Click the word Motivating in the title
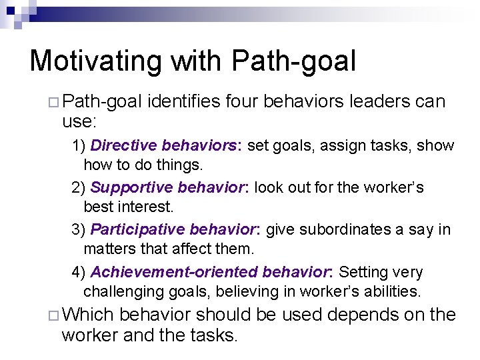(x=95, y=61)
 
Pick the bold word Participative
(x=137, y=230)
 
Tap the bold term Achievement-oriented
(x=174, y=272)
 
